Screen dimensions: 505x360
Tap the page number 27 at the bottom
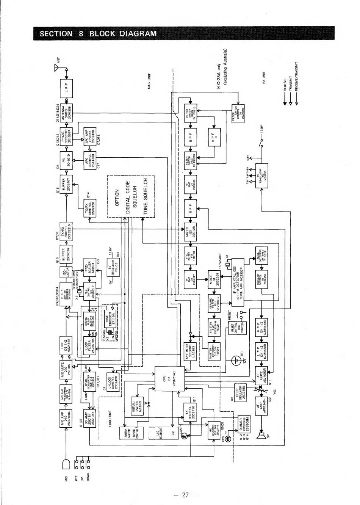(x=185, y=494)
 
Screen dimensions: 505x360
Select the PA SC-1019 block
(x=67, y=162)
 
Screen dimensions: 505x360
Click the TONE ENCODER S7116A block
(x=111, y=319)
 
